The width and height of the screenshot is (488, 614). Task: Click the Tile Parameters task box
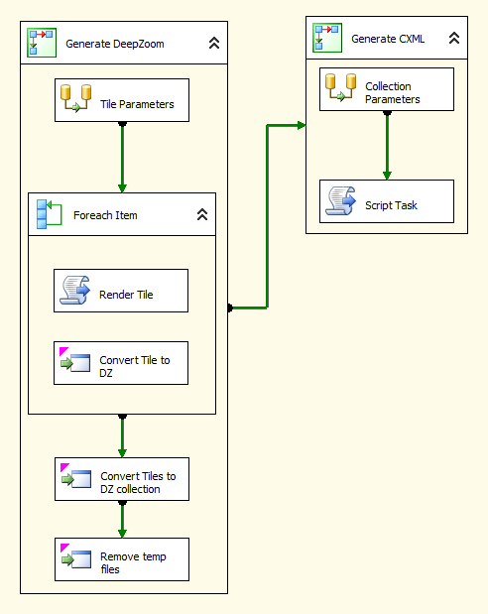click(122, 100)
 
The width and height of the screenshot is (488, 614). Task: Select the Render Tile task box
click(121, 291)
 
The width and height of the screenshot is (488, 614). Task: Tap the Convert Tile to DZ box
click(121, 363)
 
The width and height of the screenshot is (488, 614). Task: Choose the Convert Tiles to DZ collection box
click(122, 479)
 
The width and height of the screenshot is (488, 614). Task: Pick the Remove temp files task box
click(122, 559)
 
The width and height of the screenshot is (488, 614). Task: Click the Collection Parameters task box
click(387, 89)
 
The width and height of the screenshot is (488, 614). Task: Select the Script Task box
click(387, 201)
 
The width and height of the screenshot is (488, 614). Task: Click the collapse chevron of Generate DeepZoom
click(214, 43)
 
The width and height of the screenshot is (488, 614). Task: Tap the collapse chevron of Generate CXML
click(454, 38)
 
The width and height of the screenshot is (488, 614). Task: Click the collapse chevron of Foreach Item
click(202, 214)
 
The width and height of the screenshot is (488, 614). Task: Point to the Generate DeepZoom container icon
click(42, 43)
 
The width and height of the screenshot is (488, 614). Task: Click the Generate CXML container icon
click(327, 38)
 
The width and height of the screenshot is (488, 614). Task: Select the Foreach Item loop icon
click(49, 214)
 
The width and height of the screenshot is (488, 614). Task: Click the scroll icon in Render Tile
click(74, 290)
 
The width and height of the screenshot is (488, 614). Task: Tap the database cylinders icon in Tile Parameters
click(75, 98)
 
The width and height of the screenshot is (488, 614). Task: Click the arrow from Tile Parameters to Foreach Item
click(122, 158)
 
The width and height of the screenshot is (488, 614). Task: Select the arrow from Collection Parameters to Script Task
click(387, 145)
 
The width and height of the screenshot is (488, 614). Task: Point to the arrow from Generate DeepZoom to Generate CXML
click(267, 216)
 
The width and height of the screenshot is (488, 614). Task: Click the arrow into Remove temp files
click(122, 519)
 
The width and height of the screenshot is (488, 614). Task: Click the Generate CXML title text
click(388, 39)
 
